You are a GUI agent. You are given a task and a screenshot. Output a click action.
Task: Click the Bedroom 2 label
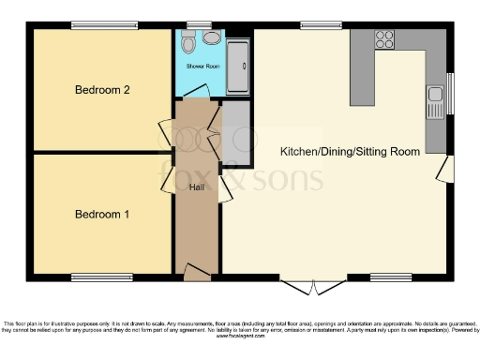101,90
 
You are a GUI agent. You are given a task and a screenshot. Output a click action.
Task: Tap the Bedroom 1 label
101,215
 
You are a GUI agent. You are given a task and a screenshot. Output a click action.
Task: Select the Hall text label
197,187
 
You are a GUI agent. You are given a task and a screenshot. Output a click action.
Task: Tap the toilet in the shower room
187,43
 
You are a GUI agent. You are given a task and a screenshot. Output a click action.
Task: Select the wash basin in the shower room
213,38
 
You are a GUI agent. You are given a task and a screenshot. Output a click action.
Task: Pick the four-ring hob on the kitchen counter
384,40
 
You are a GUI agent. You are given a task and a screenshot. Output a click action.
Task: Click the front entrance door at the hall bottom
197,273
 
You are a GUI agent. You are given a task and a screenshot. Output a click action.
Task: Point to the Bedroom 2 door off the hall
166,135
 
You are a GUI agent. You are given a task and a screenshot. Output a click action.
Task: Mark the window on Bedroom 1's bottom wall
102,277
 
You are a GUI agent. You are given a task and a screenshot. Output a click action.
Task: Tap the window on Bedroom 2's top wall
104,25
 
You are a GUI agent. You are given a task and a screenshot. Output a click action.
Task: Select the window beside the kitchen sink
449,97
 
